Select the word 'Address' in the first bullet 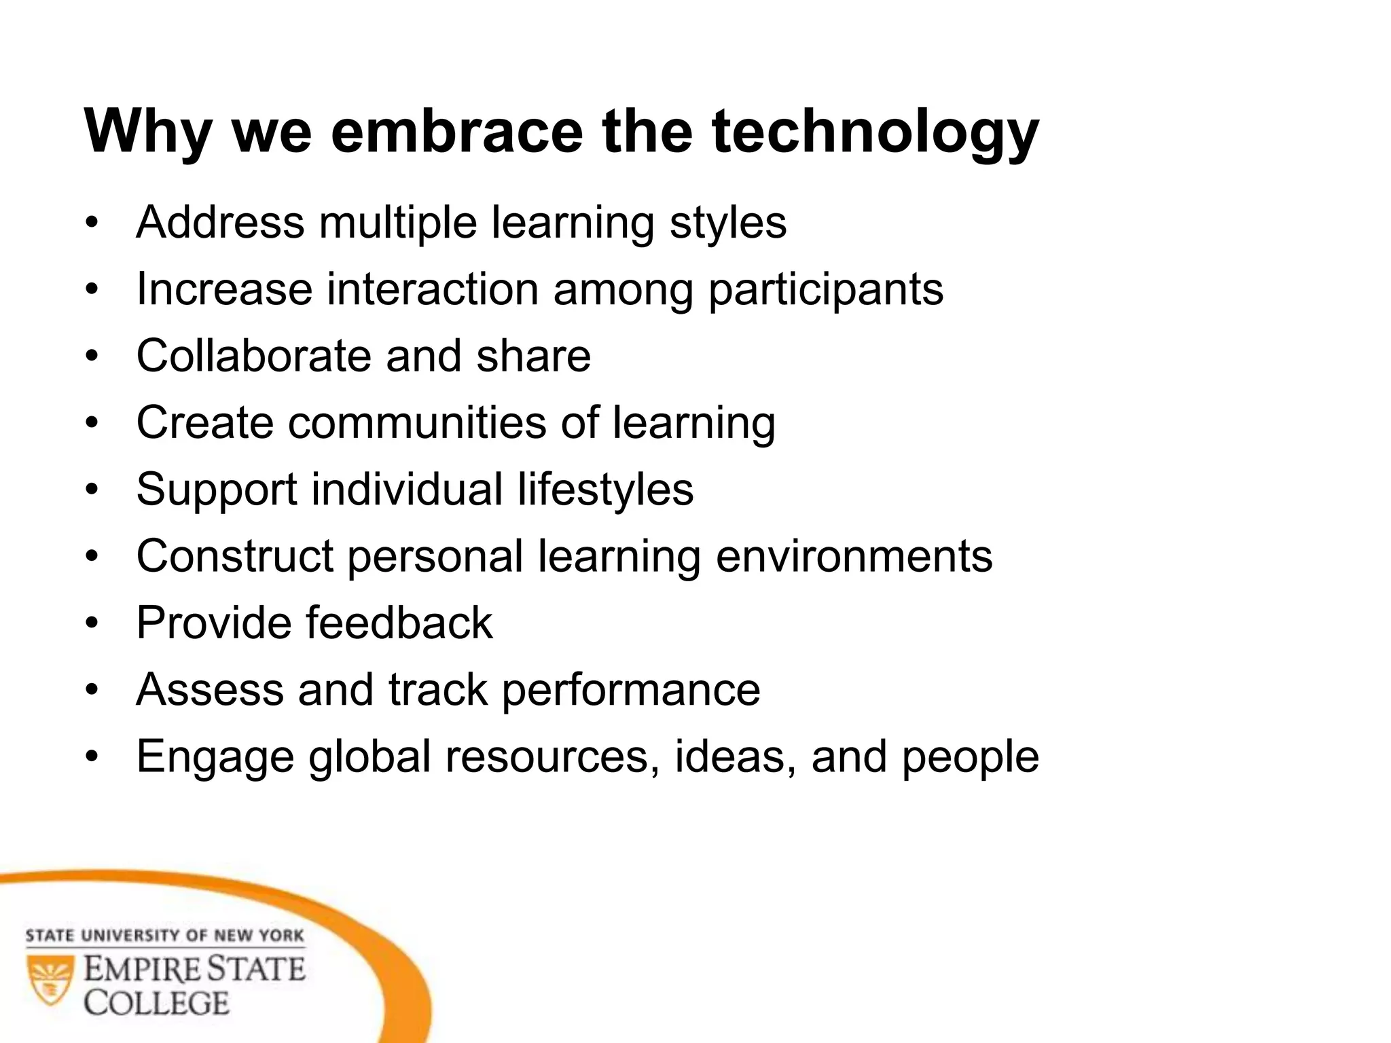pyautogui.click(x=220, y=222)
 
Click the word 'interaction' pyautogui.click(x=433, y=289)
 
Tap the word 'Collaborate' pyautogui.click(x=254, y=356)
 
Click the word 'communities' pyautogui.click(x=417, y=422)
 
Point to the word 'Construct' pyautogui.click(x=234, y=556)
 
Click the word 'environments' pyautogui.click(x=854, y=556)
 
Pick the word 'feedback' pyautogui.click(x=399, y=623)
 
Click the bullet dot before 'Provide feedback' pyautogui.click(x=92, y=623)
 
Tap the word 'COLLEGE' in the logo pyautogui.click(x=157, y=1004)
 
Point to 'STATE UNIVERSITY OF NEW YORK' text pyautogui.click(x=164, y=936)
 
